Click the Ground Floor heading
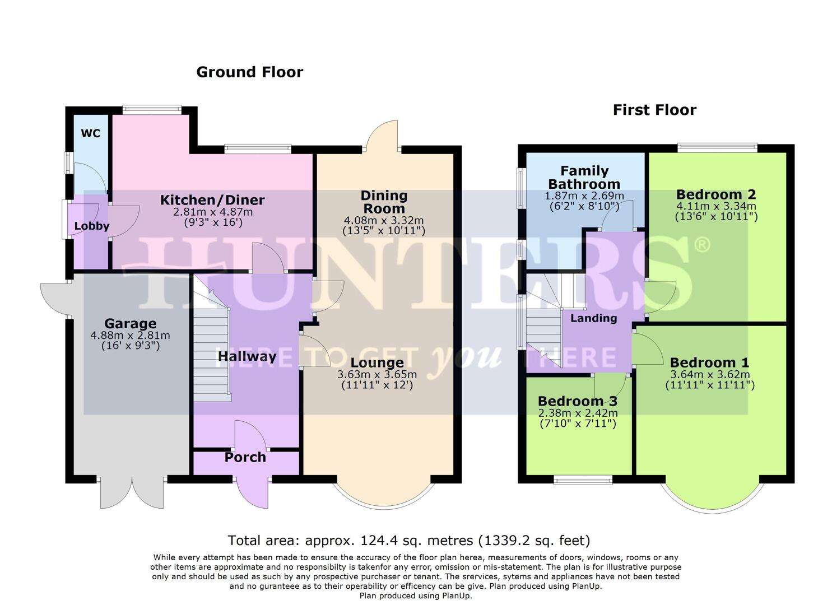[x=249, y=72]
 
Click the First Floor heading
[x=654, y=110]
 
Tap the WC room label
[x=91, y=133]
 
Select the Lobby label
[x=92, y=226]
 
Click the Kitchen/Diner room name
[x=212, y=200]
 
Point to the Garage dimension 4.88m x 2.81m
[x=130, y=336]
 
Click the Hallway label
[x=247, y=356]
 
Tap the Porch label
[x=245, y=457]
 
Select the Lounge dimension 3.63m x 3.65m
[x=377, y=375]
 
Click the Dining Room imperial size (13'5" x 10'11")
[x=384, y=230]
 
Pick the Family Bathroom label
[x=584, y=177]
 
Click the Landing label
[x=593, y=318]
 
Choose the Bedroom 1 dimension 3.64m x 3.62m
[x=709, y=374]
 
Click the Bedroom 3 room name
[x=577, y=401]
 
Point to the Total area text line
[x=408, y=541]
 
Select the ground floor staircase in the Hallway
[x=212, y=353]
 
